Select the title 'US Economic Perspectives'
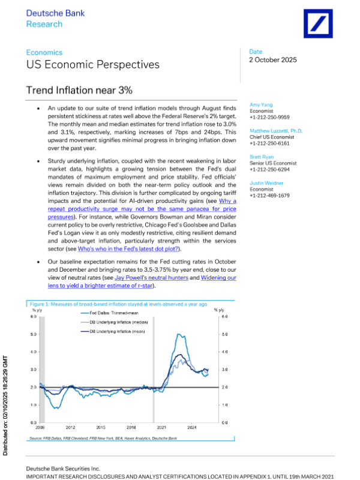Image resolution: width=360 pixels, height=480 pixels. coord(93,64)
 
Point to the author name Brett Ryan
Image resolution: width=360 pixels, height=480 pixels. coord(262,157)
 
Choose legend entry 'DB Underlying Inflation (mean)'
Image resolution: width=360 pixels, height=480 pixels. coord(117,332)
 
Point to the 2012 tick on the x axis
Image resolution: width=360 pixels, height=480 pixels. coord(71,427)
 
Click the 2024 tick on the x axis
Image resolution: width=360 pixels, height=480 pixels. coord(193,427)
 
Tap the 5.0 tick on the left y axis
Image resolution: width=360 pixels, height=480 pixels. coord(34,334)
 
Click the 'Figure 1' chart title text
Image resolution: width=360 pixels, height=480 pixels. coord(118,304)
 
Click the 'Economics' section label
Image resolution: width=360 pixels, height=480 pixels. coord(44,53)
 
